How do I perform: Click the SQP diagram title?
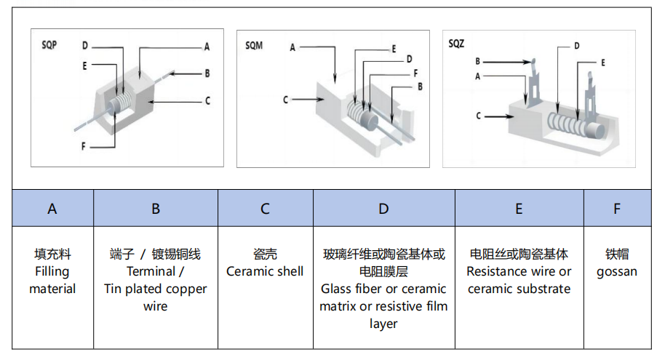pyautogui.click(x=49, y=45)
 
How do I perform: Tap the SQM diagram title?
pyautogui.click(x=254, y=45)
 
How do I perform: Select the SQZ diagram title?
pyautogui.click(x=456, y=43)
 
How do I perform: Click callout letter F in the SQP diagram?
pyautogui.click(x=83, y=146)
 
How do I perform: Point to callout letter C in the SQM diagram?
pyautogui.click(x=285, y=100)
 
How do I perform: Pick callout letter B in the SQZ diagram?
pyautogui.click(x=477, y=62)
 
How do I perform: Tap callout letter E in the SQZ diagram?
pyautogui.click(x=602, y=63)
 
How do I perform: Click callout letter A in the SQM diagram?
pyautogui.click(x=292, y=47)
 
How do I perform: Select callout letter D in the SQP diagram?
pyautogui.click(x=85, y=45)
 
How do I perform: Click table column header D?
pyautogui.click(x=383, y=209)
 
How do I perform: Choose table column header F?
pyautogui.click(x=617, y=209)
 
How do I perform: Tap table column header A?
pyautogui.click(x=52, y=209)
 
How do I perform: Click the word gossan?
pyautogui.click(x=617, y=272)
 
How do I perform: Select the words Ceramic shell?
pyautogui.click(x=265, y=271)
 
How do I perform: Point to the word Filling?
pyautogui.click(x=52, y=272)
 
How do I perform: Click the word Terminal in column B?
pyautogui.click(x=151, y=271)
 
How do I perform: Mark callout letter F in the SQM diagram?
pyautogui.click(x=415, y=73)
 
